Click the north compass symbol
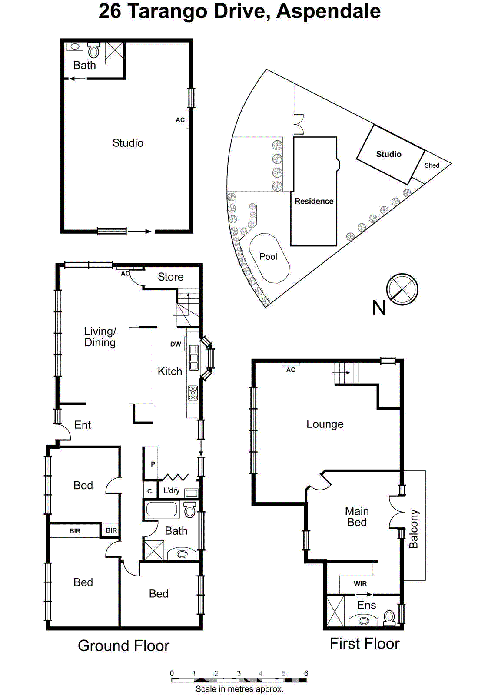point(402,289)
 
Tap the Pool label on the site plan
point(268,257)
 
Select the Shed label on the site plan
point(432,165)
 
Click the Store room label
point(170,277)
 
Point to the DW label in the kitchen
point(176,344)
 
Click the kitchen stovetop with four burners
point(193,393)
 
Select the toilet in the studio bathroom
point(93,50)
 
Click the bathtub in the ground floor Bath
point(162,509)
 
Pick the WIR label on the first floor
point(360,584)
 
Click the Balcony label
point(414,529)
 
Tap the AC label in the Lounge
point(291,370)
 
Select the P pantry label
point(153,464)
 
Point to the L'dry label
point(171,490)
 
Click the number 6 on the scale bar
point(306,673)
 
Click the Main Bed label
point(357,516)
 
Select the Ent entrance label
point(83,425)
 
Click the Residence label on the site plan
point(314,201)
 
